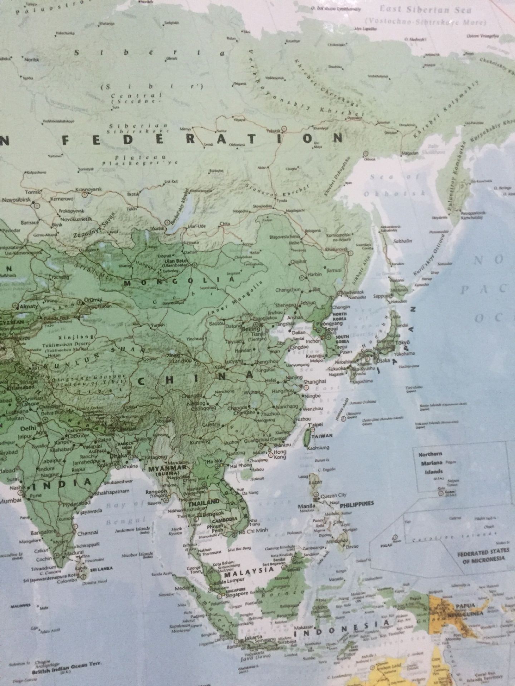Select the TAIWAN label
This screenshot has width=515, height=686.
pos(322,436)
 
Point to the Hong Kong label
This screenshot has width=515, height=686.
pos(280,454)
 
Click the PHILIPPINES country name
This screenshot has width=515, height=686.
pos(357,503)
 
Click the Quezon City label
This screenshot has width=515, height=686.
pos(334,495)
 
